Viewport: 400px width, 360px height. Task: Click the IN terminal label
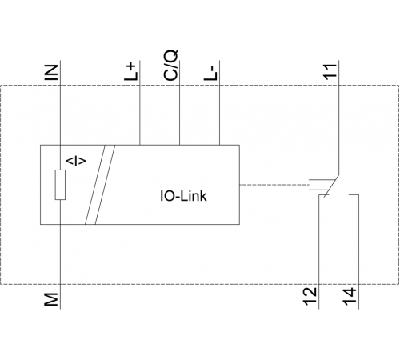tap(51, 72)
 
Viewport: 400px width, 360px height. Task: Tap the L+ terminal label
tap(131, 71)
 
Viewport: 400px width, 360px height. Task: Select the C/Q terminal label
tap(170, 65)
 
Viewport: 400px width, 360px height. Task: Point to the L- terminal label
tap(210, 73)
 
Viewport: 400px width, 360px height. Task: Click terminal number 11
tap(330, 71)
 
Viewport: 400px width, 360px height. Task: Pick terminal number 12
tap(310, 296)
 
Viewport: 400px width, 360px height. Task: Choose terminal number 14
tap(350, 296)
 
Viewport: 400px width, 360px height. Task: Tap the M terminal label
tap(51, 299)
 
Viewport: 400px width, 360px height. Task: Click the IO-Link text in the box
tap(183, 196)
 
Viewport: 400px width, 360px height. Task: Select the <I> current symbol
tap(76, 162)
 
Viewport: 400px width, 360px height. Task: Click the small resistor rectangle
tap(60, 185)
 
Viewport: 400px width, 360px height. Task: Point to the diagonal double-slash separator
tap(100, 185)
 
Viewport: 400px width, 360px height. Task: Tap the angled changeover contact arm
tap(331, 186)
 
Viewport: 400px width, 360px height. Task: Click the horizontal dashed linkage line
tap(274, 185)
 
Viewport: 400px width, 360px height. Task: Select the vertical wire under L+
tap(140, 103)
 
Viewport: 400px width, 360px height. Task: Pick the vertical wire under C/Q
tap(179, 103)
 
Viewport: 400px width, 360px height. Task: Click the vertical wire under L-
tap(219, 103)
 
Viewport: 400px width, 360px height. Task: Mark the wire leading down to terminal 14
tap(358, 252)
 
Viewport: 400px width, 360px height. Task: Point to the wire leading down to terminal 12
tap(319, 252)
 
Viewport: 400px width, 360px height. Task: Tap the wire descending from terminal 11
tap(339, 118)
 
